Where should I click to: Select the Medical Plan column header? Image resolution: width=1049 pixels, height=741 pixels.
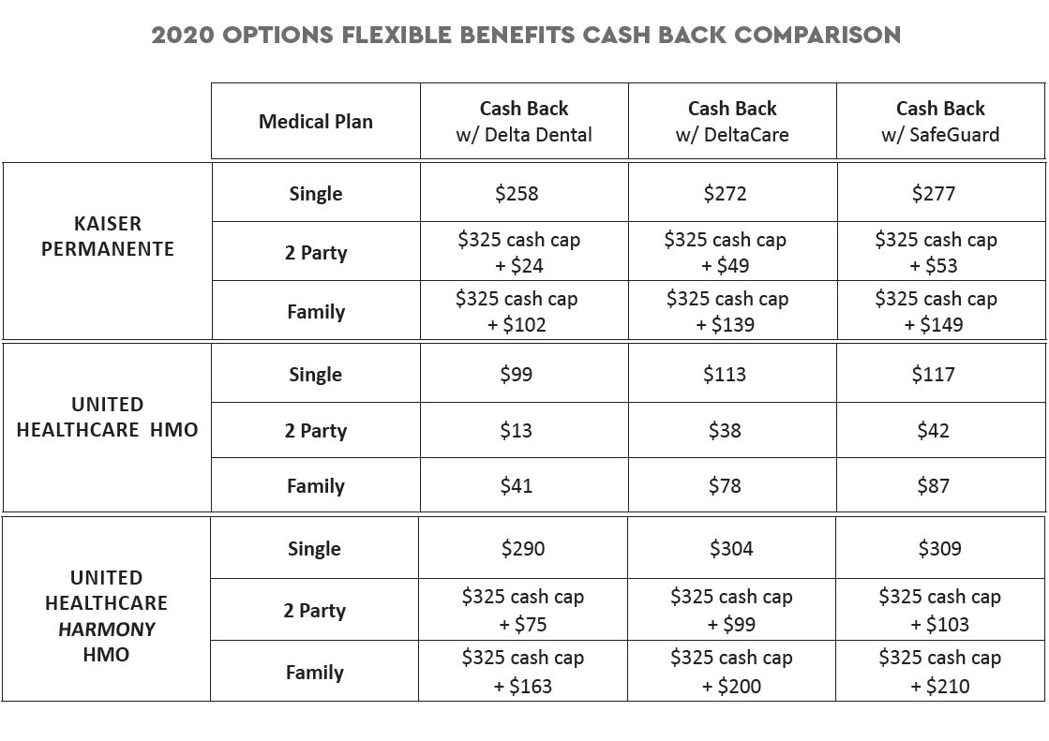click(315, 122)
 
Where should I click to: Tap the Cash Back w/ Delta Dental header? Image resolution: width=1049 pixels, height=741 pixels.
click(524, 122)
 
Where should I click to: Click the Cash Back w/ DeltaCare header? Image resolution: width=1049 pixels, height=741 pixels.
click(732, 122)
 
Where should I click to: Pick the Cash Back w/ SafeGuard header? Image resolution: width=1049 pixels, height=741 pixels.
click(940, 122)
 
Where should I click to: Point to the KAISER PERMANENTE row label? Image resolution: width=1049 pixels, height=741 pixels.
click(108, 237)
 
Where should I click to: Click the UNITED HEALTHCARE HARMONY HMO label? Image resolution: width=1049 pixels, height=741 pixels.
click(107, 616)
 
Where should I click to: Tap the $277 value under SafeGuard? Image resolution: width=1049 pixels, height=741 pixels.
click(934, 194)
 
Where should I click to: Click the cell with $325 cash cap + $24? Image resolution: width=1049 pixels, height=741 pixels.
click(518, 252)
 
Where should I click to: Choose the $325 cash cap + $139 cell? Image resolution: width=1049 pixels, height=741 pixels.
click(727, 311)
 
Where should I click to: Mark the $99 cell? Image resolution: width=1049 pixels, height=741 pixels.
click(516, 375)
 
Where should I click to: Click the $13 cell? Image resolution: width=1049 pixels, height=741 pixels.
click(516, 431)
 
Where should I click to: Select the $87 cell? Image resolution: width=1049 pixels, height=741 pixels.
click(933, 486)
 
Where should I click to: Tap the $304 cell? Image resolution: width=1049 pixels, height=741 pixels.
click(731, 549)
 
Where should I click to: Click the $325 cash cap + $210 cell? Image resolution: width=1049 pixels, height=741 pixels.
click(939, 672)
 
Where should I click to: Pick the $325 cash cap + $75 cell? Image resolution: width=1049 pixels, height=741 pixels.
click(522, 610)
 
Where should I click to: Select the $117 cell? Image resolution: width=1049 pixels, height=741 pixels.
click(933, 375)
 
